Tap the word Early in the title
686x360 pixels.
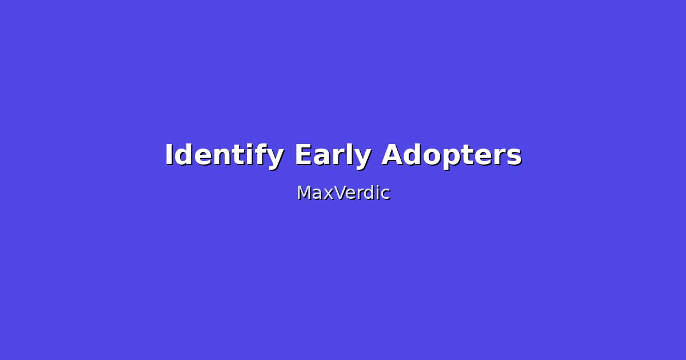point(333,155)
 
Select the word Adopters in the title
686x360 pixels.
point(452,155)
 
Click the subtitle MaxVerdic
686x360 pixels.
point(343,193)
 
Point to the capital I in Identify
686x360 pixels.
point(169,155)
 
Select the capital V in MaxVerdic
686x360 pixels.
point(340,193)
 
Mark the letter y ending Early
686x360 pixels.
point(363,158)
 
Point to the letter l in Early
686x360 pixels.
point(350,154)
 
